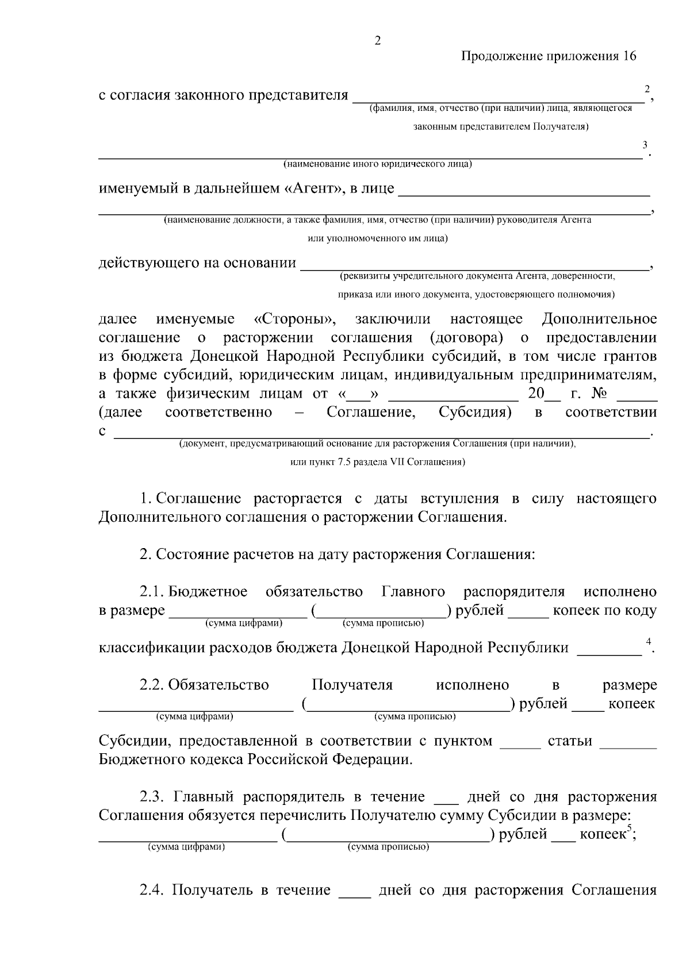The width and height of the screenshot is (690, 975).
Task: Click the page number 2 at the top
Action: (377, 41)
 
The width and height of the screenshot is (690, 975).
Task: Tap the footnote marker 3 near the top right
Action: (645, 144)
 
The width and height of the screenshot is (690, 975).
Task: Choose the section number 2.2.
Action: (152, 685)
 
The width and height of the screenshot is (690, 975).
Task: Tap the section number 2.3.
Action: (152, 797)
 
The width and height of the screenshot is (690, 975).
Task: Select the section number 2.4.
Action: (152, 891)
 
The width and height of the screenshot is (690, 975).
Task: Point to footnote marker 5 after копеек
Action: (629, 828)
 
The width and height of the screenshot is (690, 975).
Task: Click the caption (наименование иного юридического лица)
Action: (377, 164)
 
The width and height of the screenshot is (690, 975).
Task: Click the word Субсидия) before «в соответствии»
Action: (475, 413)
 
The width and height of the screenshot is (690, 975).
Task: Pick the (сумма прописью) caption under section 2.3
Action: (388, 847)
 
